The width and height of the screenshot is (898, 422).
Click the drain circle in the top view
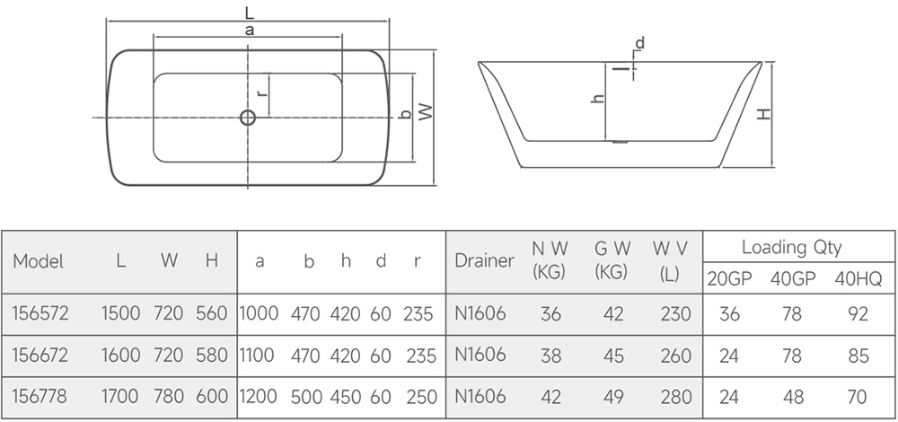pyautogui.click(x=248, y=118)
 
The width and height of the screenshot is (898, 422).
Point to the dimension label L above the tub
pyautogui.click(x=249, y=13)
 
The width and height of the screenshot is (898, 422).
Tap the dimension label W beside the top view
pyautogui.click(x=426, y=111)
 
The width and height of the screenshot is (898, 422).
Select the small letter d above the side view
pyautogui.click(x=639, y=43)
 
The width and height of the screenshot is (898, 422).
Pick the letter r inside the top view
pyautogui.click(x=261, y=93)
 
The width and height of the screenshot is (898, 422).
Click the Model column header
pyautogui.click(x=39, y=261)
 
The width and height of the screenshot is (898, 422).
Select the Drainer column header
pyautogui.click(x=485, y=260)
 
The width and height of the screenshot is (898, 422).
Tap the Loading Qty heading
pyautogui.click(x=791, y=247)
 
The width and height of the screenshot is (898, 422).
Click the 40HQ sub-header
pyautogui.click(x=858, y=279)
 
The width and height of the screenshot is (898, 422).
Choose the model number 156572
pyautogui.click(x=40, y=313)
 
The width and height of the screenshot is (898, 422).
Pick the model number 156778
pyautogui.click(x=40, y=396)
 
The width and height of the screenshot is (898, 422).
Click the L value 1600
pyautogui.click(x=121, y=356)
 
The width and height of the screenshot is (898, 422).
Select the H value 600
pyautogui.click(x=212, y=397)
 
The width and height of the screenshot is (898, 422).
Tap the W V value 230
pyautogui.click(x=676, y=314)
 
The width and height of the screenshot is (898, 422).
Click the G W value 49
pyautogui.click(x=612, y=397)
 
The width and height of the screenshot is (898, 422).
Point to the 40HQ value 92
pyautogui.click(x=858, y=314)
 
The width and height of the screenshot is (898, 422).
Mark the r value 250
pyautogui.click(x=421, y=397)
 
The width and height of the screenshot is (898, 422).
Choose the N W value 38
pyautogui.click(x=551, y=356)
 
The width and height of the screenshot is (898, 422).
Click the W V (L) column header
pyautogui.click(x=670, y=261)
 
